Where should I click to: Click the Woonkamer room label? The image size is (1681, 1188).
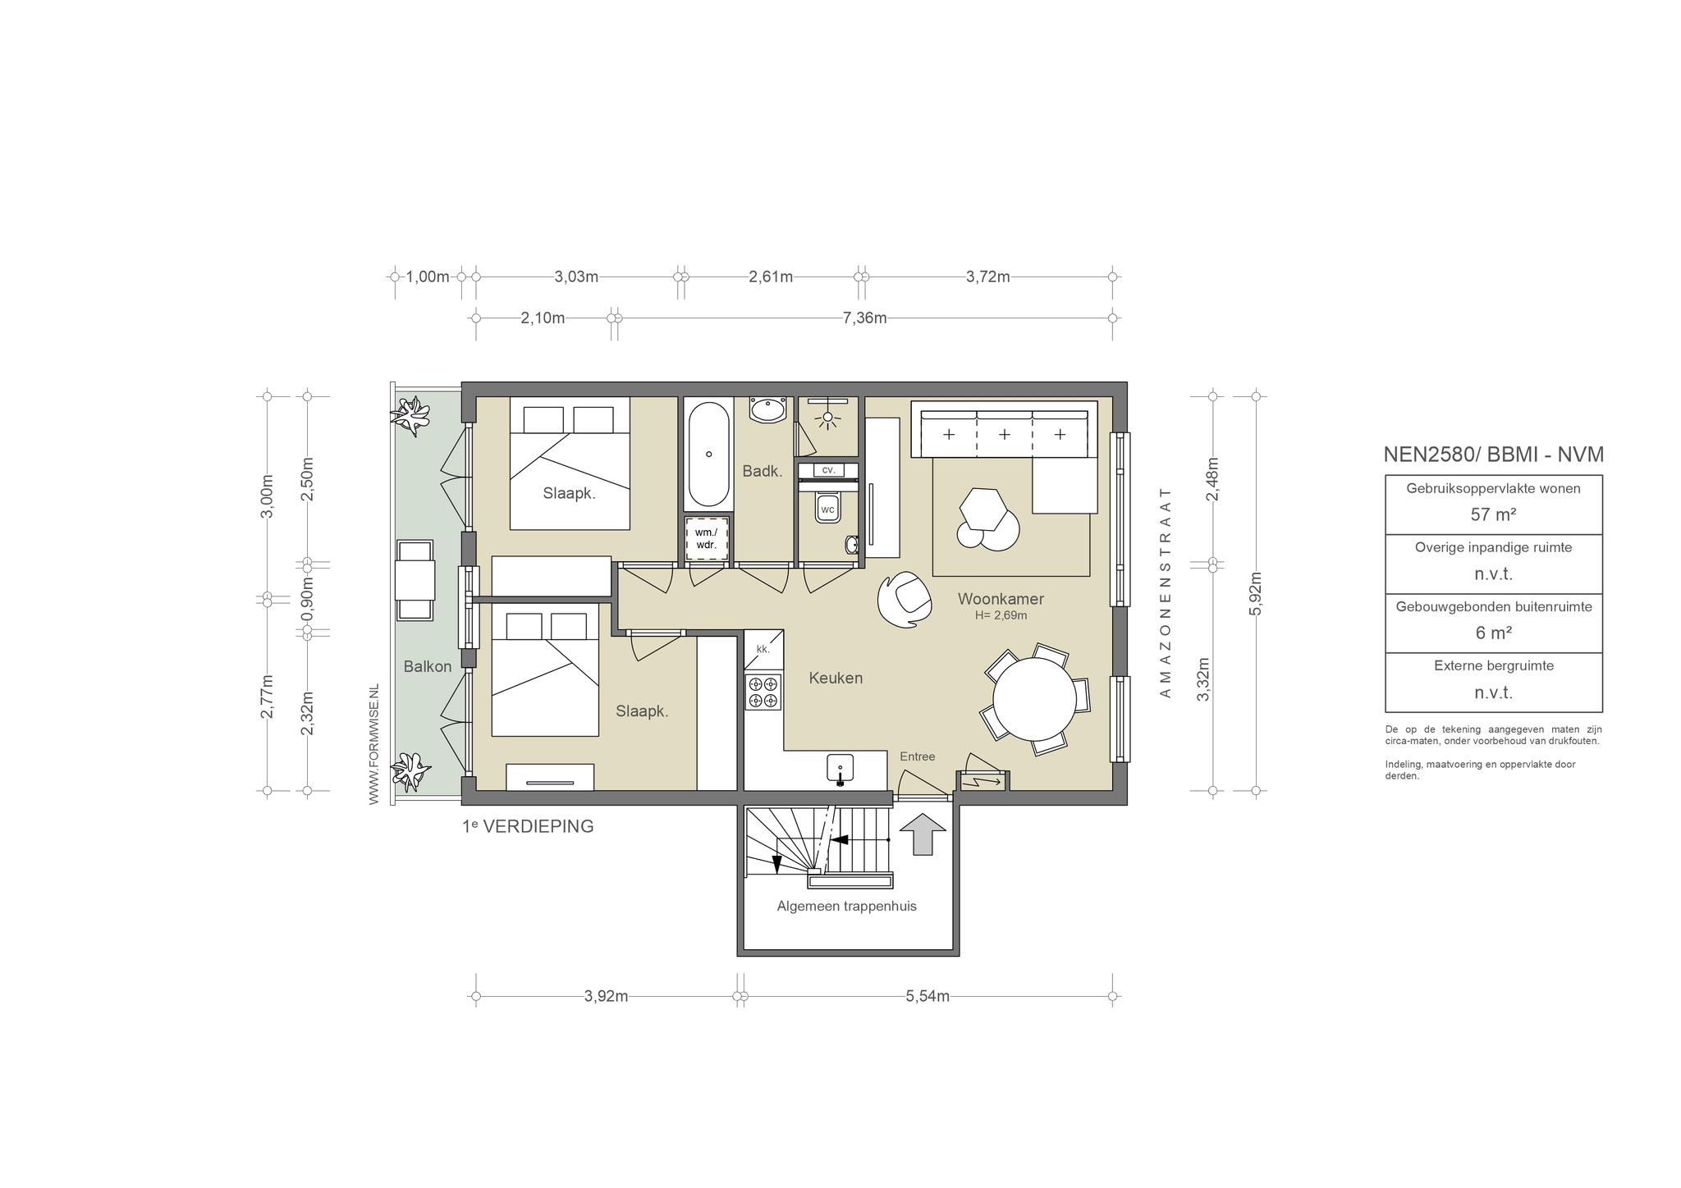1001,599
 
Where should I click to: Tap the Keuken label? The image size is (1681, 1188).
836,679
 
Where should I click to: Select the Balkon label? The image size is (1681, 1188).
428,666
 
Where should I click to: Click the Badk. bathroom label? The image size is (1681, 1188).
763,471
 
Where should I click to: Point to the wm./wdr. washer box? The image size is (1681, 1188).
706,538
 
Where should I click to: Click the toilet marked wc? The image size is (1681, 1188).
827,509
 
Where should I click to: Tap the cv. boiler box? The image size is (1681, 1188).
828,470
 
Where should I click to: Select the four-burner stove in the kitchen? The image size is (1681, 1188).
763,691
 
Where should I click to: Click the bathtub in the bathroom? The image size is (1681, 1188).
708,455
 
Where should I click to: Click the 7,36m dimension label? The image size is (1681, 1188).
865,318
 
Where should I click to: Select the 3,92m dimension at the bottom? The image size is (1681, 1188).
607,997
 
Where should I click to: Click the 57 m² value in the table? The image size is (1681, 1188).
1493,515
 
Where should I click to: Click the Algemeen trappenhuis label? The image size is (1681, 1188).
847,907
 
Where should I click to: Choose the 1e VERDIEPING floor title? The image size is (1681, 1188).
528,826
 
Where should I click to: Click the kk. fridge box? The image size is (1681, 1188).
763,649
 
